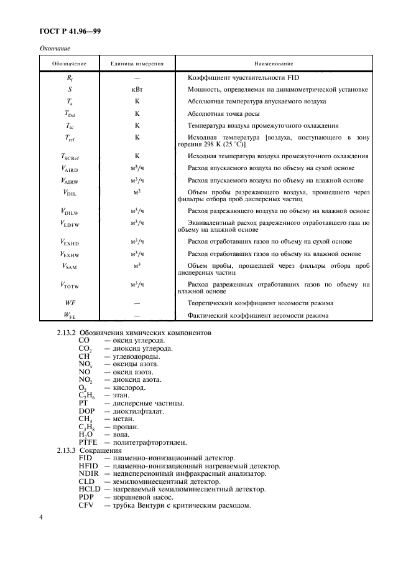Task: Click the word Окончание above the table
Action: pyautogui.click(x=55, y=49)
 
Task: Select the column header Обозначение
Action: pyautogui.click(x=69, y=64)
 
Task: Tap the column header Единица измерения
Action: pyautogui.click(x=137, y=64)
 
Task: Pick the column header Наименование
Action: pyautogui.click(x=274, y=64)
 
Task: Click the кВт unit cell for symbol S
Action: pyautogui.click(x=137, y=89)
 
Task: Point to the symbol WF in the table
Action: pyautogui.click(x=70, y=303)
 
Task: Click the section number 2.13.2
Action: pyautogui.click(x=66, y=333)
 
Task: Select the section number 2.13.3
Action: pyautogui.click(x=66, y=450)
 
